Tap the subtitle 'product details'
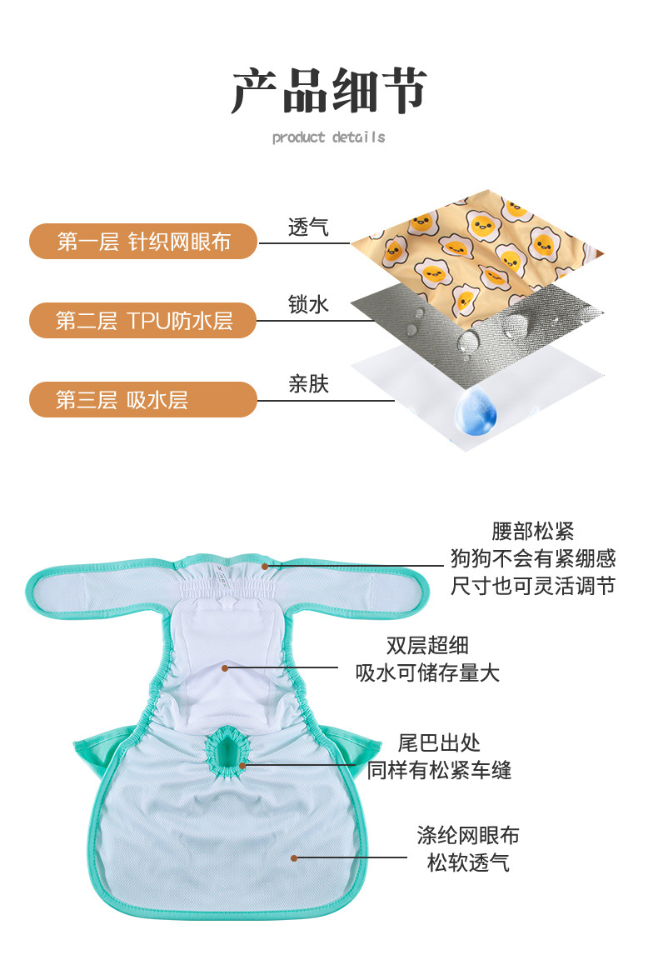click(328, 137)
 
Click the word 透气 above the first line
click(308, 227)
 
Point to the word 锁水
click(308, 305)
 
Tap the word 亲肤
click(308, 384)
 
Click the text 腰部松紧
click(532, 532)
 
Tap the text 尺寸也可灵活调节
click(532, 586)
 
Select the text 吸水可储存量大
click(427, 672)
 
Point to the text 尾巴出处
click(439, 742)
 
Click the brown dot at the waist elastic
click(265, 566)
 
